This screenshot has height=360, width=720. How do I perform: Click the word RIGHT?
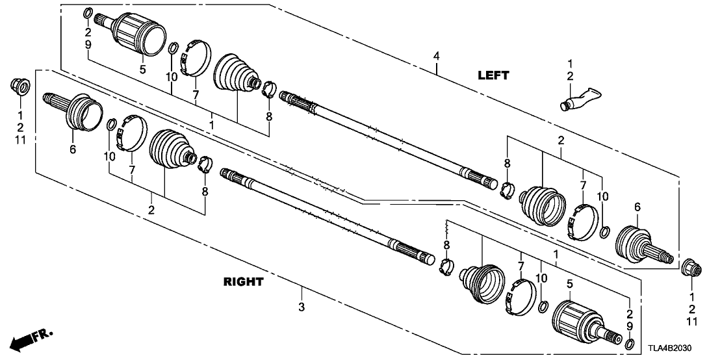(244, 282)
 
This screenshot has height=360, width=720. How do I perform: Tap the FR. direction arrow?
(30, 338)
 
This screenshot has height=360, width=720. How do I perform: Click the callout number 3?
(302, 305)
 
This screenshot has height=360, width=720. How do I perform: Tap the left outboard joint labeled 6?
(76, 113)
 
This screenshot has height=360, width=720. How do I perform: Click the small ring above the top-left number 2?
(88, 13)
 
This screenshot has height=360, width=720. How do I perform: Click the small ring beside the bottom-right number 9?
(629, 342)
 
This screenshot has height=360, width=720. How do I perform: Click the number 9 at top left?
(88, 44)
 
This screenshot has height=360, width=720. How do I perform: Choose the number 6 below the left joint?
(72, 150)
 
